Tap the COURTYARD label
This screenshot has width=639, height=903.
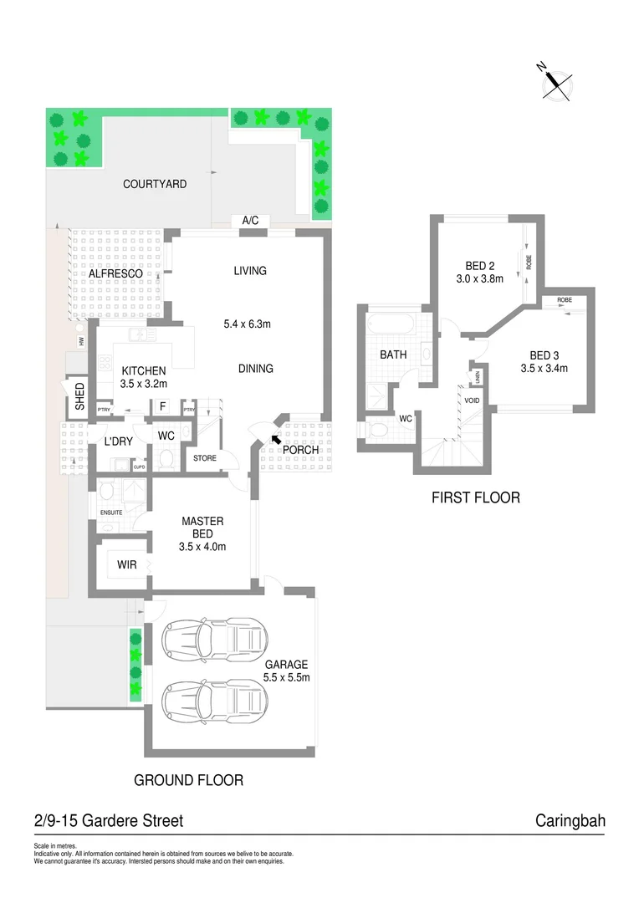coord(155,184)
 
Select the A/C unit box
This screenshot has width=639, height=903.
coord(250,221)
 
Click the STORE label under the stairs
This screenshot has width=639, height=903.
coord(205,458)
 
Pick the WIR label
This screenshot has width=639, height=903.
coord(126,565)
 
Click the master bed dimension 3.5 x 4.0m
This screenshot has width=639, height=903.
coord(202,547)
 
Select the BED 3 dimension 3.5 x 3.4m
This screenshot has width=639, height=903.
coord(544,368)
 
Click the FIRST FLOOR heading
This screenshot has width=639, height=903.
coord(475,497)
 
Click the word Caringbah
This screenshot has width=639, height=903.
coord(570,821)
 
